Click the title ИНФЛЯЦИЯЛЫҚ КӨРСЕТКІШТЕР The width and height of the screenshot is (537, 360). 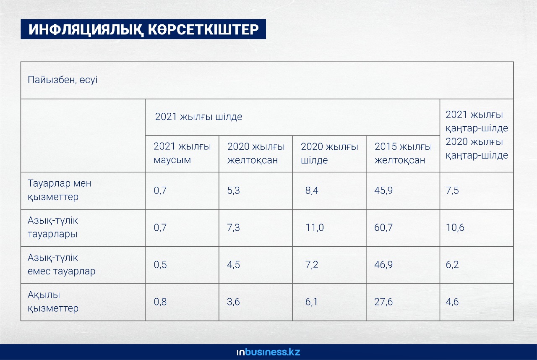[143, 29]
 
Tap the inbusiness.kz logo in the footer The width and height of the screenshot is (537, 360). [268, 352]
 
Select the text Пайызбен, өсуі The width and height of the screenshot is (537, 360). [63, 80]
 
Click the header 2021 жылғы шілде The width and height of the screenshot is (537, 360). [198, 117]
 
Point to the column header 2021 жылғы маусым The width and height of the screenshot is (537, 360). [182, 153]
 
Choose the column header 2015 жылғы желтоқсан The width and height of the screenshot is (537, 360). [403, 153]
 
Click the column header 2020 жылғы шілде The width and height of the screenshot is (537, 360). [329, 153]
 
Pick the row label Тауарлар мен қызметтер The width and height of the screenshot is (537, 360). [60, 190]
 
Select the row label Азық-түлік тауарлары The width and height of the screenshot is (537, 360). [53, 227]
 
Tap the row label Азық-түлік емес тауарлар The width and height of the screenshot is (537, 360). [61, 264]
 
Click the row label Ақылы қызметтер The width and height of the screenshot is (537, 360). [53, 302]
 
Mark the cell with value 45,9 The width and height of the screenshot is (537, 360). [383, 190]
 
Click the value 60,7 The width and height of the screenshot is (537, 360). [383, 227]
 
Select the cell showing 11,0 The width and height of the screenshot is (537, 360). [315, 227]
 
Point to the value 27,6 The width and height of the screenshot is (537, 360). [383, 302]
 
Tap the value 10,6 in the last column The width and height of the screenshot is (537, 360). [455, 227]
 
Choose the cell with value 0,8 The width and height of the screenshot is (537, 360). [160, 302]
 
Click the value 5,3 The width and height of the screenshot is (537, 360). [234, 190]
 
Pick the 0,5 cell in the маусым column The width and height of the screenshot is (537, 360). [160, 265]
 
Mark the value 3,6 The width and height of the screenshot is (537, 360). [234, 302]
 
